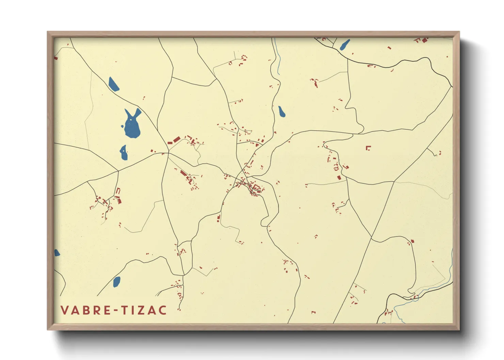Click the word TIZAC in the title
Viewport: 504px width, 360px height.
144,310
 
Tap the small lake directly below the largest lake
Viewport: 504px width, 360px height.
124,153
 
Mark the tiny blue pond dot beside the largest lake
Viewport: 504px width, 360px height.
122,127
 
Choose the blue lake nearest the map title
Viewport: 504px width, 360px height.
116,281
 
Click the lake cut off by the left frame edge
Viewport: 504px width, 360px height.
57,253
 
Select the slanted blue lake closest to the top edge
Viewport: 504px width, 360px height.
345,45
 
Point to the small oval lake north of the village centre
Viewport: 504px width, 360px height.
282,112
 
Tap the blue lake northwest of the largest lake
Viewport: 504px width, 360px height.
113,84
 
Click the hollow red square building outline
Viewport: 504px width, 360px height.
368,148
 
